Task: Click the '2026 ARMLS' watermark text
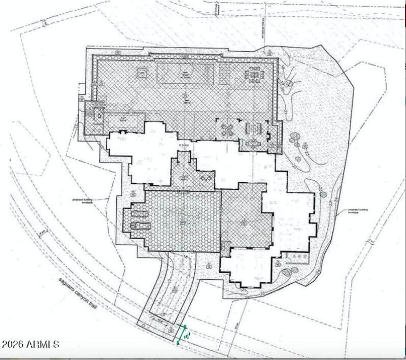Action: coord(30,344)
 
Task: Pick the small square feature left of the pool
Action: coord(142,73)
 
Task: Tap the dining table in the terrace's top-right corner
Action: coord(254,75)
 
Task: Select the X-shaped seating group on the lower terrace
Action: coord(226,129)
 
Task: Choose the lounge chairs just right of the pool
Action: coord(224,75)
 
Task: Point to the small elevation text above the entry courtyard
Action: coord(183,146)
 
